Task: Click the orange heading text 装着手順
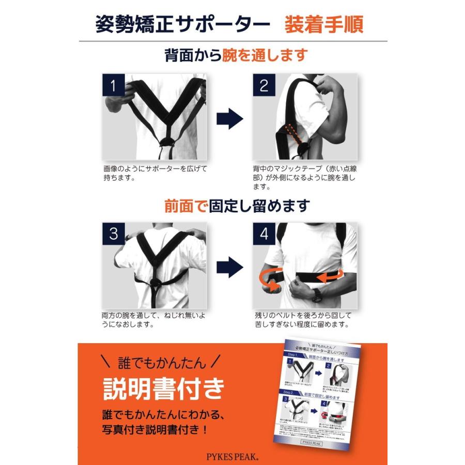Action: coord(323,25)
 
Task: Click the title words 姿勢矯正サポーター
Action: coord(182,25)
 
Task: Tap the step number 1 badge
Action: coord(114,85)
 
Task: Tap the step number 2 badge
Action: coord(263,85)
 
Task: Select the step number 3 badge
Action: coord(114,234)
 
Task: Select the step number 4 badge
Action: coord(263,234)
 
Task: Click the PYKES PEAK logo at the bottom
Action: coord(233,456)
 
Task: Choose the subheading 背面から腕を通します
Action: coord(236,55)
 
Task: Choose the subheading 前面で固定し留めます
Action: coord(237,206)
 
